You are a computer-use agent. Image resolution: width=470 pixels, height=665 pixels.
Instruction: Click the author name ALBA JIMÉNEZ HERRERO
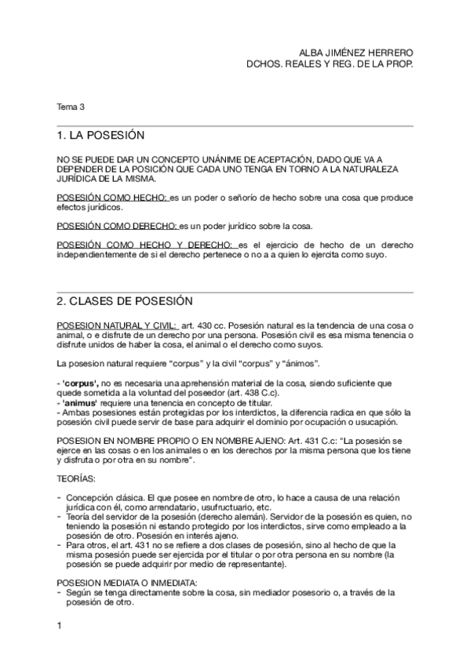(357, 53)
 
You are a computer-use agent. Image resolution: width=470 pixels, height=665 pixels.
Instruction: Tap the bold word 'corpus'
(81, 383)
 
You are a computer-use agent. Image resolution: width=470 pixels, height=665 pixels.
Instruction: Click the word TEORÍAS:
(77, 478)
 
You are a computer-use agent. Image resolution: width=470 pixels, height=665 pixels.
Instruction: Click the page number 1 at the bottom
(60, 626)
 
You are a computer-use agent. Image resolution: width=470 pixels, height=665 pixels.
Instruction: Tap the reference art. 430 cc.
(203, 325)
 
